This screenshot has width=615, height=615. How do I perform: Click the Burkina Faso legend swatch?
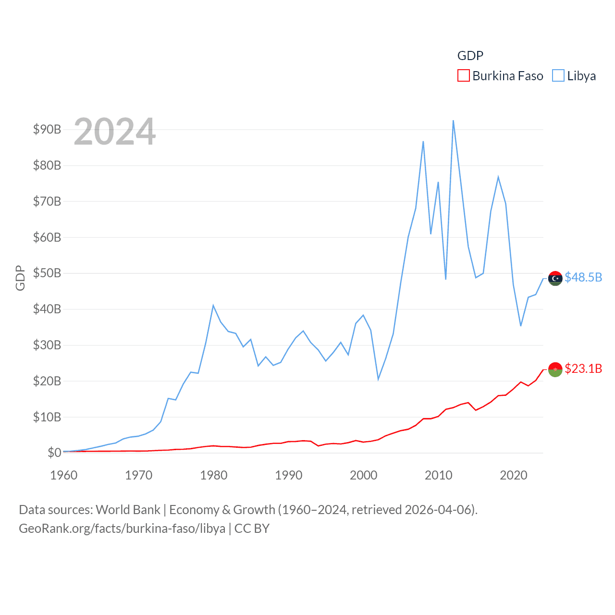[x=463, y=76]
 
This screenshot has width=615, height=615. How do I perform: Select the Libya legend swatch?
[x=558, y=76]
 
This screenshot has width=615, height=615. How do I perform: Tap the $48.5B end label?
[x=583, y=278]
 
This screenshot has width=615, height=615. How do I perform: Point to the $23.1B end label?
[x=583, y=369]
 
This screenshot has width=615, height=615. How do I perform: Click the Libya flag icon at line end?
[x=555, y=278]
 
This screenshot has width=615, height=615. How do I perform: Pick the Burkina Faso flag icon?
[x=555, y=369]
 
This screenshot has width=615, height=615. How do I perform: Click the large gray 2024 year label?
[x=114, y=132]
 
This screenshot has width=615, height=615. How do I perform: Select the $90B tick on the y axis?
[x=47, y=129]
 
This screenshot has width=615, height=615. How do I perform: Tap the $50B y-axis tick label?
[x=47, y=273]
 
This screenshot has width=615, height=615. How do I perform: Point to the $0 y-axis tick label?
[x=54, y=453]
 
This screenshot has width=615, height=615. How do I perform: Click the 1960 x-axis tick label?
[x=64, y=476]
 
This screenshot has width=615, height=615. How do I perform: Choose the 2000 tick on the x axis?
[x=363, y=476]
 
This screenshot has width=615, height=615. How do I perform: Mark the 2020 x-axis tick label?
[x=513, y=476]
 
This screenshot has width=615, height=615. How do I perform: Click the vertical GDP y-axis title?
[x=20, y=278]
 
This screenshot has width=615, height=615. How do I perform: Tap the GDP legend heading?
[x=470, y=56]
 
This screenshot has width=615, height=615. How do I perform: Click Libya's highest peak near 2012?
[x=453, y=121]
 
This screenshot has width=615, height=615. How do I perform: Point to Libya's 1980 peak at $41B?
[x=213, y=306]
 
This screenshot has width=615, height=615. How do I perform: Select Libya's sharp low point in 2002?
[x=378, y=380]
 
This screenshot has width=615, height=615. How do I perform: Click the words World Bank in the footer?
[x=128, y=510]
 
